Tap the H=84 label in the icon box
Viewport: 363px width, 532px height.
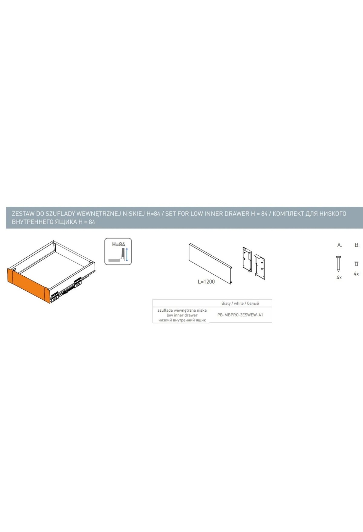click(118, 244)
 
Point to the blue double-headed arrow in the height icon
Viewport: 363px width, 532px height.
click(127, 255)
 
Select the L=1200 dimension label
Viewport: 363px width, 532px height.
click(206, 282)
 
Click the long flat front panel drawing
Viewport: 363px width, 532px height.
click(211, 263)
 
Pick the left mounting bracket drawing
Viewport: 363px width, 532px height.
click(247, 259)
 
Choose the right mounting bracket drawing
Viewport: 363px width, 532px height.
click(260, 267)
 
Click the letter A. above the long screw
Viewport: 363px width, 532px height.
click(339, 245)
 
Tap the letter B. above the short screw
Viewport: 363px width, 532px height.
click(357, 245)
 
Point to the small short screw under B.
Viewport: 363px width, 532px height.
click(356, 264)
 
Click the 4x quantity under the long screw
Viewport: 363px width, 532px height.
click(339, 277)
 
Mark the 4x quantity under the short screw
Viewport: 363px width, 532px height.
click(356, 274)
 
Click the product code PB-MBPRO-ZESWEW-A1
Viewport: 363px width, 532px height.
click(240, 315)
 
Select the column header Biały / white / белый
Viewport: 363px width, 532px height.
click(240, 303)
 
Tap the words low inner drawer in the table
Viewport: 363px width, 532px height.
click(182, 315)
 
